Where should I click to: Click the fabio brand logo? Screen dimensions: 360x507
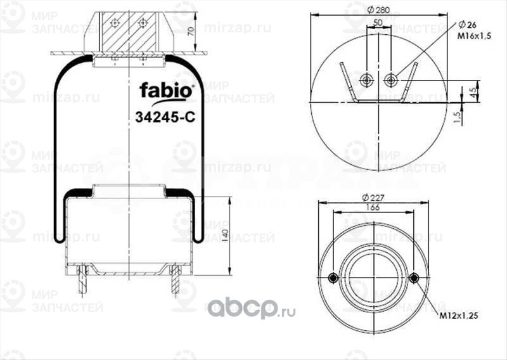[167, 89]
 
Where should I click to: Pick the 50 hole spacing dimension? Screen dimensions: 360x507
[378, 22]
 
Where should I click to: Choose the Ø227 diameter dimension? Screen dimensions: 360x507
[378, 197]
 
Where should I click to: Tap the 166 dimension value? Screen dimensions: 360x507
[377, 207]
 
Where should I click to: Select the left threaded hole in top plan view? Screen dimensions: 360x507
[366, 80]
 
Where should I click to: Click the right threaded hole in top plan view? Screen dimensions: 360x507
[391, 80]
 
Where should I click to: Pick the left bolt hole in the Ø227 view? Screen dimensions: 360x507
[334, 278]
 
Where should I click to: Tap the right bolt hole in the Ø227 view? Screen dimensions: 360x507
[414, 278]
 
